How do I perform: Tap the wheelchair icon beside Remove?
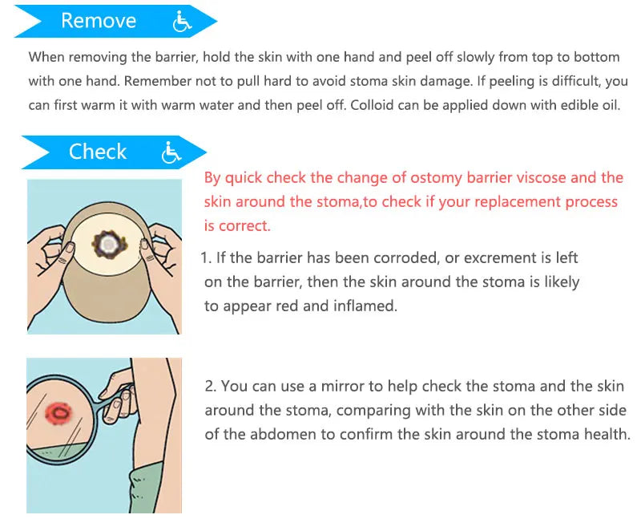pos(183,22)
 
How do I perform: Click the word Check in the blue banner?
pos(97,152)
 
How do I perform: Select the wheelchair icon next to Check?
pos(171,152)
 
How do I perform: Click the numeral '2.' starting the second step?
pos(211,386)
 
